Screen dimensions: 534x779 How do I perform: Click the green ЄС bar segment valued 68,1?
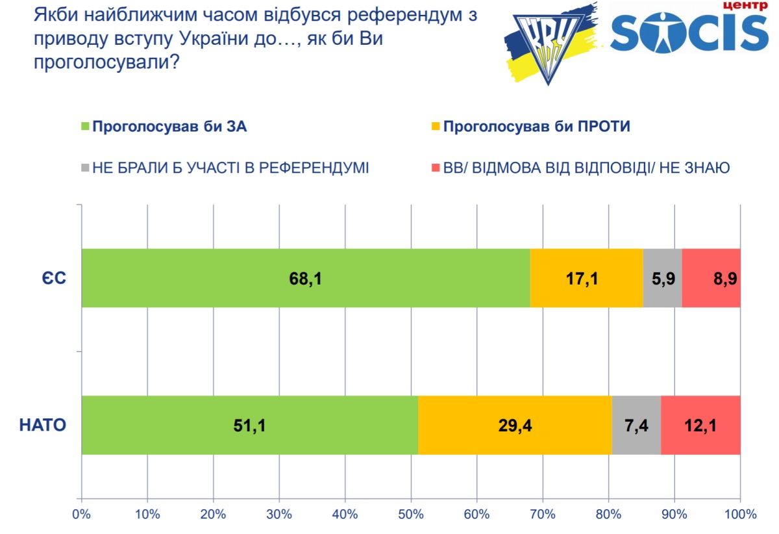point(306,277)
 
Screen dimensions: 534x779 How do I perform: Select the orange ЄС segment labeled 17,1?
point(586,277)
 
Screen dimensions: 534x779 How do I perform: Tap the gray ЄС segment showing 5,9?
point(662,277)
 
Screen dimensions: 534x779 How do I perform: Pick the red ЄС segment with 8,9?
point(711,277)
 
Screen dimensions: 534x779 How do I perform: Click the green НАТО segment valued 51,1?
point(250,425)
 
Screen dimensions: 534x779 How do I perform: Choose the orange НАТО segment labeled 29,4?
point(515,425)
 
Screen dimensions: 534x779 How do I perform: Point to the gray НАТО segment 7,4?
point(636,425)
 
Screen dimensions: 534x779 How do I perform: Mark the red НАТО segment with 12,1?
point(700,425)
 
